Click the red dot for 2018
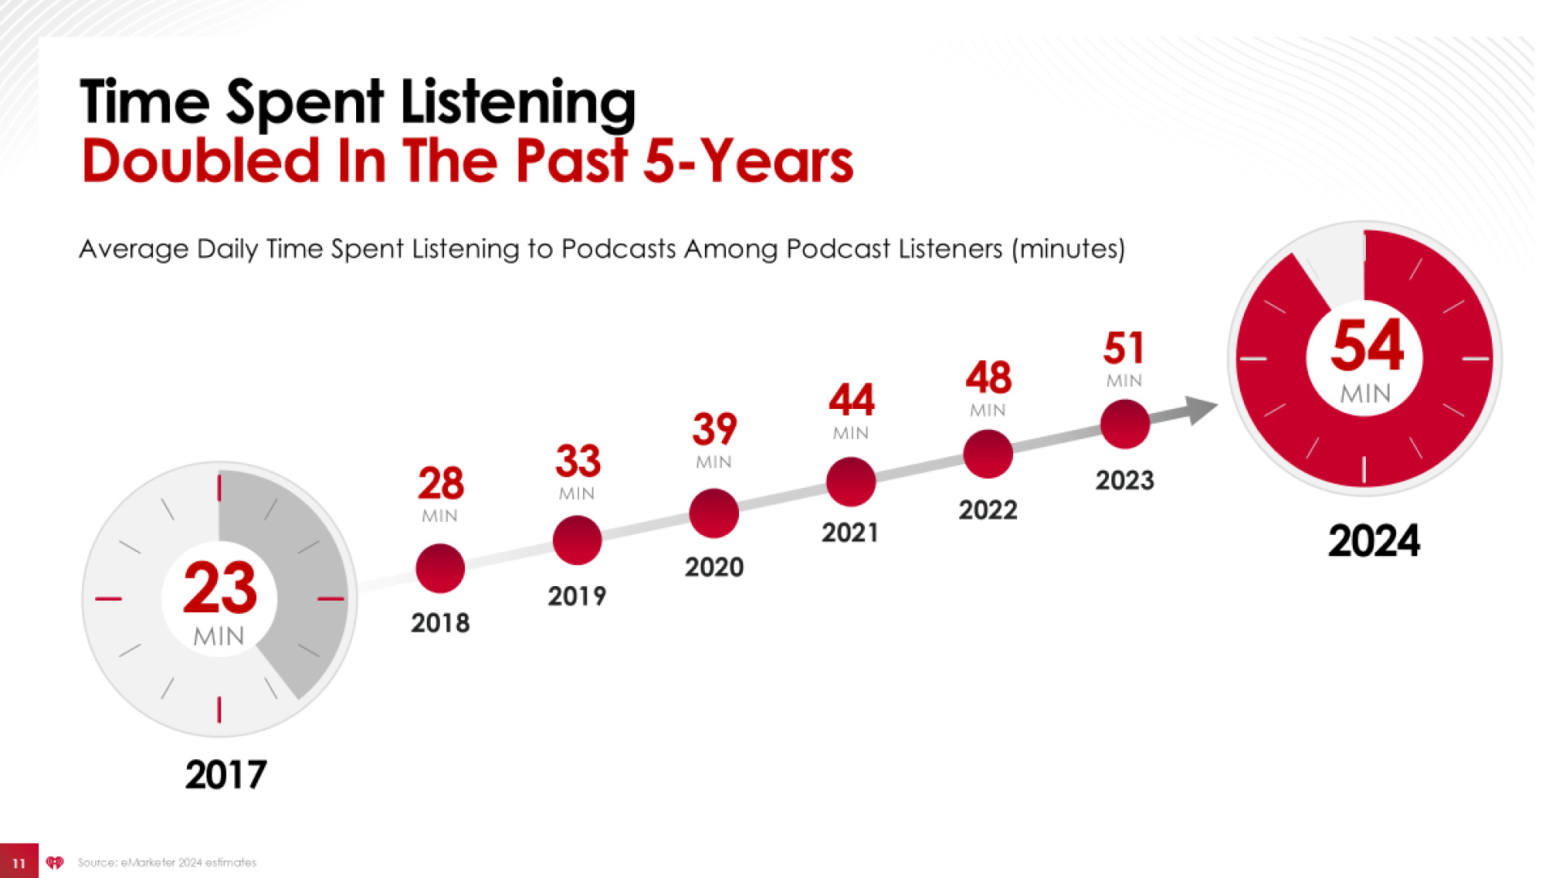(440, 568)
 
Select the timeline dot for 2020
(714, 513)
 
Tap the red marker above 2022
(988, 454)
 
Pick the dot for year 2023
(1124, 424)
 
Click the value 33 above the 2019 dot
(577, 461)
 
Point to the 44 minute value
(851, 400)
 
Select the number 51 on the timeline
(1124, 349)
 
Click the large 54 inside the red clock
(1367, 346)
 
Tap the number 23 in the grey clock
(220, 588)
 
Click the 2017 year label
(225, 775)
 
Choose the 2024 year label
(1373, 541)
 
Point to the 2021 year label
(850, 533)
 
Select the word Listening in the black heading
(518, 103)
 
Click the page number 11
(19, 863)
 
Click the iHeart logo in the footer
(54, 863)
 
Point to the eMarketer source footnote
(167, 863)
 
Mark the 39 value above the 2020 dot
(714, 429)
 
